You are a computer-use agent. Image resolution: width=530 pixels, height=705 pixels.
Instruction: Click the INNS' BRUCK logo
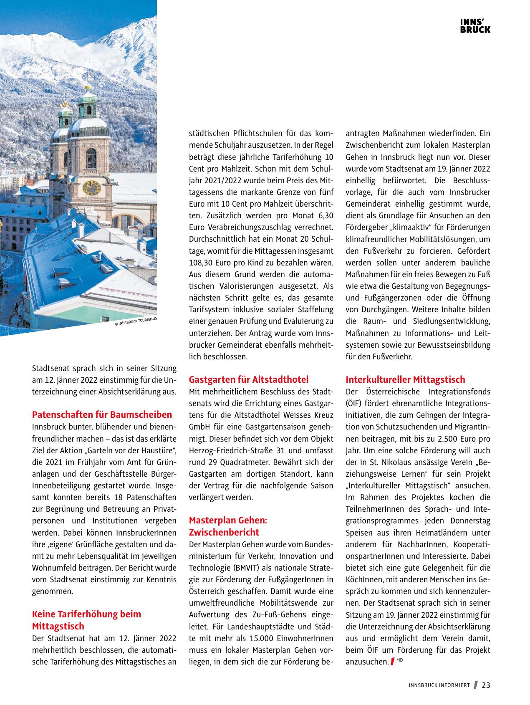[475, 26]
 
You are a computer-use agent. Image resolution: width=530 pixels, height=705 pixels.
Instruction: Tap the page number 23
[486, 685]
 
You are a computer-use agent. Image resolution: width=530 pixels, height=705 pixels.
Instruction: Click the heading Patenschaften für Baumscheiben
[102, 414]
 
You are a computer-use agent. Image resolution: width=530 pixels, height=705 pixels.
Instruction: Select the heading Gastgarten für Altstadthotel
[249, 379]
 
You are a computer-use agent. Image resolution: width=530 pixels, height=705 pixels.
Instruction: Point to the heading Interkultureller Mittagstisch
[405, 379]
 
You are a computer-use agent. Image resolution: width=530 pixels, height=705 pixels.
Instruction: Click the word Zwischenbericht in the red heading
[224, 532]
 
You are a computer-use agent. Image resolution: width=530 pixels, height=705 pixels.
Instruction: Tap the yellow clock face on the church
[91, 188]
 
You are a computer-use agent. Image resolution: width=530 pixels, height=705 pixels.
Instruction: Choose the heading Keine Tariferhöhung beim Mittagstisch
[86, 620]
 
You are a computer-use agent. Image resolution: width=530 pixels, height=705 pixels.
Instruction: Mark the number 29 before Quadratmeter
[211, 462]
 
